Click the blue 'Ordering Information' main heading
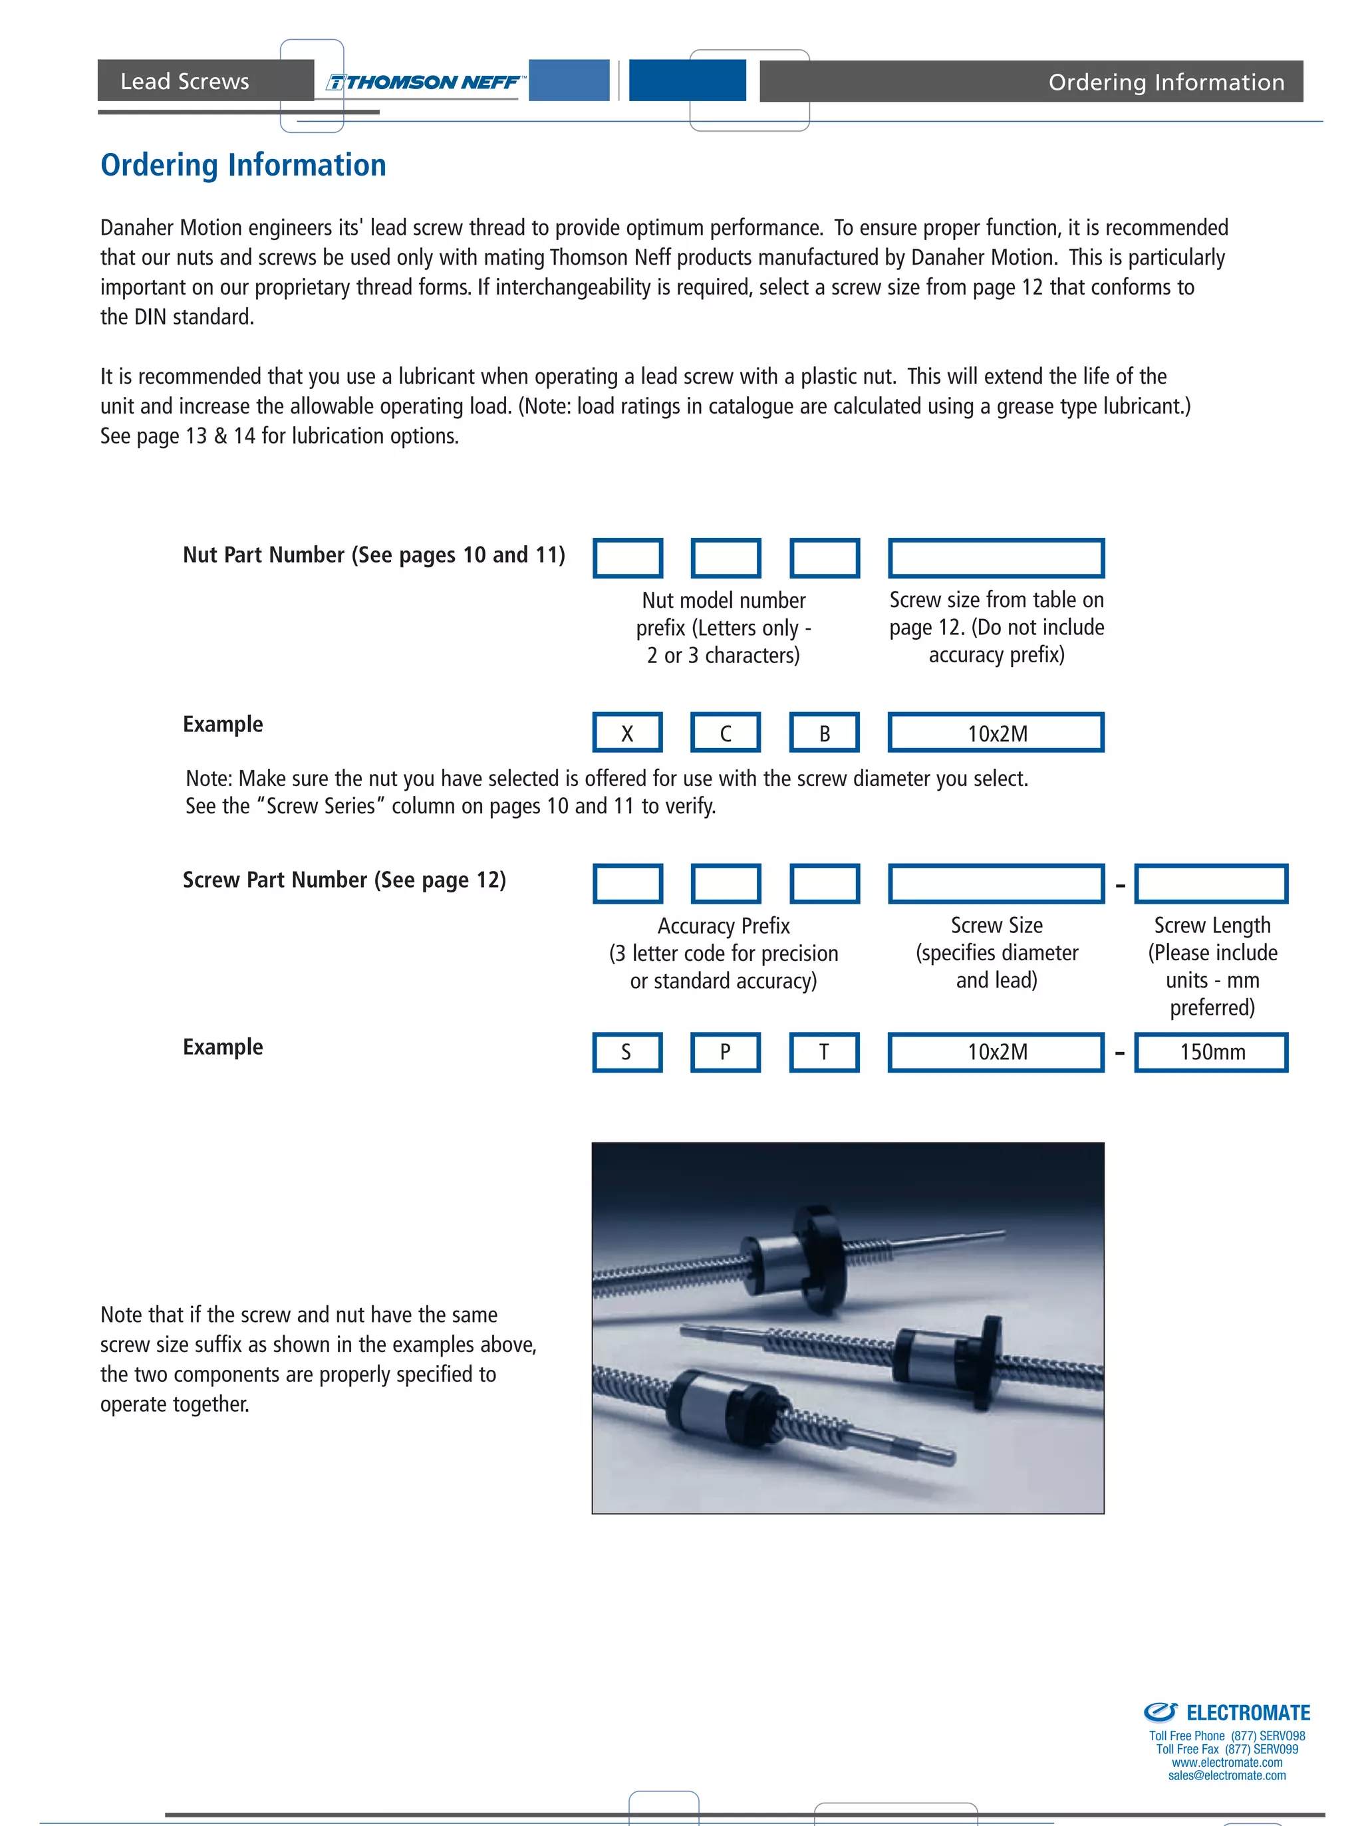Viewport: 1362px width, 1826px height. click(243, 165)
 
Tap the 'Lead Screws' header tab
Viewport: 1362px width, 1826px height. click(185, 80)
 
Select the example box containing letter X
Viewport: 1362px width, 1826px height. click(627, 733)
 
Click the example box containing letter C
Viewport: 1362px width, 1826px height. click(726, 733)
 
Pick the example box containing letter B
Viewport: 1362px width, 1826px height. click(825, 733)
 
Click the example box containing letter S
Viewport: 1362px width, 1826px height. click(627, 1052)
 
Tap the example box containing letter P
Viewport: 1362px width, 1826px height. click(726, 1052)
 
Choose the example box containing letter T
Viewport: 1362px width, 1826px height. click(825, 1052)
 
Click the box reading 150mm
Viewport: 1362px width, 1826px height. click(1211, 1052)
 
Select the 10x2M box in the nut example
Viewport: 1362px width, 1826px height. click(996, 733)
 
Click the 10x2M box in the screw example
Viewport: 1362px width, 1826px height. click(996, 1052)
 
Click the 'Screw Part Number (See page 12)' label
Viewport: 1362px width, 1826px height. click(344, 880)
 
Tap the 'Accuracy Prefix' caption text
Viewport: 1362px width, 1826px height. click(723, 926)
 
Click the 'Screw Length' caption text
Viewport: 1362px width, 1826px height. click(1212, 925)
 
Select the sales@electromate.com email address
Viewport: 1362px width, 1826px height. click(1227, 1775)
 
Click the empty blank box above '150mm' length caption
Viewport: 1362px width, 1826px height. click(1211, 884)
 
